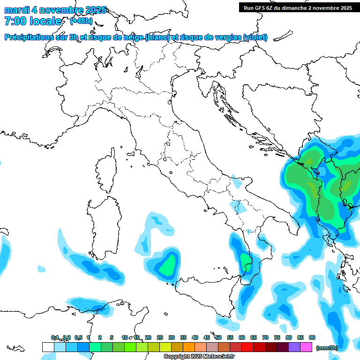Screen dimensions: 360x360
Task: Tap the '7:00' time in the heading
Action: pos(15,21)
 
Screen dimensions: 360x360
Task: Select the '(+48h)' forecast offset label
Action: pos(81,21)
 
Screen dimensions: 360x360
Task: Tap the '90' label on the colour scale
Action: pos(312,337)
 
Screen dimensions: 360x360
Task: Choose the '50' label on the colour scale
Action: pos(218,337)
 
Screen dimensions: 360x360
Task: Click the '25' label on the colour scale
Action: pos(160,337)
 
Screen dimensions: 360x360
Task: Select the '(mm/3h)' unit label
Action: pos(327,348)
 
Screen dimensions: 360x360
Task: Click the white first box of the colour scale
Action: pos(48,347)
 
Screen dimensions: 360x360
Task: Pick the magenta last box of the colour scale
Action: pos(306,347)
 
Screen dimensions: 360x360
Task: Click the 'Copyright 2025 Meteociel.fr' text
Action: pos(199,356)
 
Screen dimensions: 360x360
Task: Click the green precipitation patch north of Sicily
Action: pos(168,265)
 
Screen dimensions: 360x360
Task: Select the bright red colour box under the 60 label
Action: pos(247,347)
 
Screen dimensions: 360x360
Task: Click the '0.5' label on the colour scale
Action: pos(78,337)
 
